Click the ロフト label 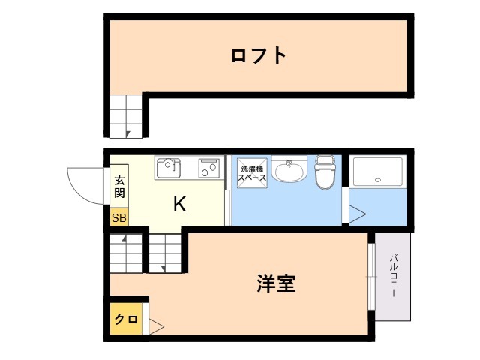259,55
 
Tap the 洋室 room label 276,283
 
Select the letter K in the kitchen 180,204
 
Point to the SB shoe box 119,217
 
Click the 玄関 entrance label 119,187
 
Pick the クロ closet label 126,319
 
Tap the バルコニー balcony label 393,275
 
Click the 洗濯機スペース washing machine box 252,173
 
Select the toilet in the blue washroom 325,172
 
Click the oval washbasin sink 289,172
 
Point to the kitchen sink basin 169,169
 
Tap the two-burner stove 209,168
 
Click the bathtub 378,172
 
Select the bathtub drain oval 378,180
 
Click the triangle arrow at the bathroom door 358,214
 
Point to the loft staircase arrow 128,134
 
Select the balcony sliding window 372,277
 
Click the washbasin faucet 289,163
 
